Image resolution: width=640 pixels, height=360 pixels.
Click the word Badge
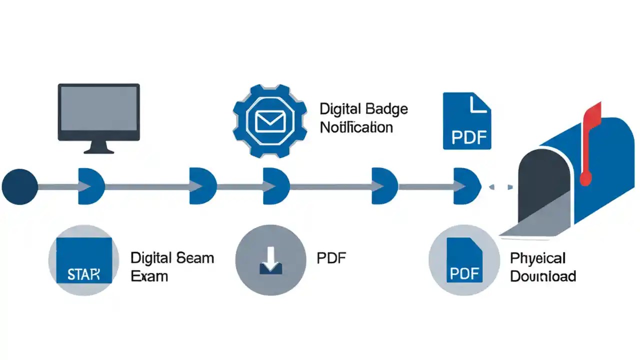386,109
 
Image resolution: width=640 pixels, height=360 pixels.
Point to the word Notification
356,127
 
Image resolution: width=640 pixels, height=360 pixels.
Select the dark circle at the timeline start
19,186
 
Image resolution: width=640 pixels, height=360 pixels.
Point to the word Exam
149,276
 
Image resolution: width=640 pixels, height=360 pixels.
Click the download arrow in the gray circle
270,260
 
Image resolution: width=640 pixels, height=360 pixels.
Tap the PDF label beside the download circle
331,258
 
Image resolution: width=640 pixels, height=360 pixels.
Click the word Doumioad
542,276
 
